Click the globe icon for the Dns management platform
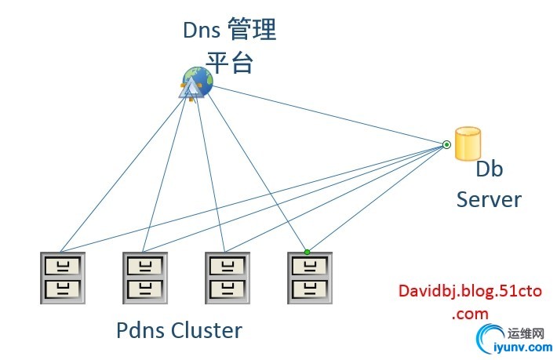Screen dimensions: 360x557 click(x=196, y=83)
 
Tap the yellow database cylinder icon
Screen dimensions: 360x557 click(x=468, y=144)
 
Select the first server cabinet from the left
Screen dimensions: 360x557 click(x=64, y=277)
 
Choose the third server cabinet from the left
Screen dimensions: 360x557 click(x=228, y=277)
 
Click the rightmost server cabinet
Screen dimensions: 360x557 click(x=309, y=277)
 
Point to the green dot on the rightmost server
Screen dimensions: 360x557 click(x=307, y=252)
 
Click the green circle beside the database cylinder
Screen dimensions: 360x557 click(x=446, y=144)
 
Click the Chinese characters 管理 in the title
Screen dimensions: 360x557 click(x=252, y=31)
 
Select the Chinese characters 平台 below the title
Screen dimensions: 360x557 click(x=229, y=62)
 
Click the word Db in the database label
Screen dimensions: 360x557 click(x=489, y=169)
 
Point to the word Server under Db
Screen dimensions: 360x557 click(x=489, y=198)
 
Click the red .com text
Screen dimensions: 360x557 click(x=470, y=313)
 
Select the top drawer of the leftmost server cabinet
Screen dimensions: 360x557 click(x=64, y=264)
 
